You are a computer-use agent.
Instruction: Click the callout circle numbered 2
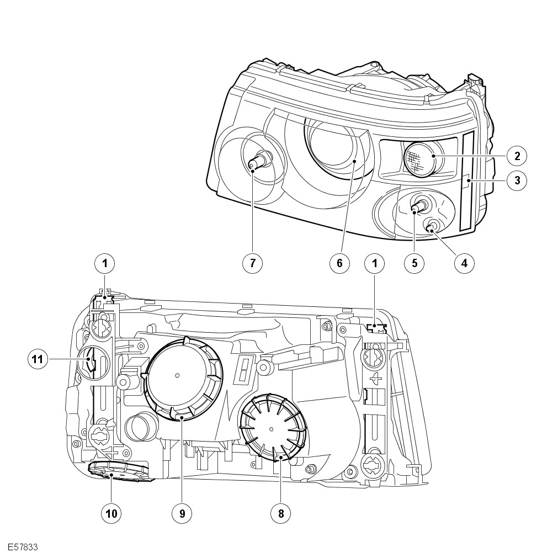pyautogui.click(x=517, y=156)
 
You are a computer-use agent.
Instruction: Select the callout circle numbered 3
pyautogui.click(x=517, y=180)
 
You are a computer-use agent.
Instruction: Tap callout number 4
pyautogui.click(x=464, y=263)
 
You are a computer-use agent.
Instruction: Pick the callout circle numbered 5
pyautogui.click(x=414, y=263)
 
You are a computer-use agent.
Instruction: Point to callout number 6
pyautogui.click(x=340, y=263)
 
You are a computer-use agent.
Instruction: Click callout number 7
pyautogui.click(x=252, y=263)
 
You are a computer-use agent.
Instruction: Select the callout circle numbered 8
pyautogui.click(x=280, y=514)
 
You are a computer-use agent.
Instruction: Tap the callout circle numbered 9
pyautogui.click(x=182, y=514)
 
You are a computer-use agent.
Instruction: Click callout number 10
pyautogui.click(x=111, y=514)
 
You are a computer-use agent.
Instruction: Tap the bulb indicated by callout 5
pyautogui.click(x=419, y=206)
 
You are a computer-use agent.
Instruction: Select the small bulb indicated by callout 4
pyautogui.click(x=432, y=225)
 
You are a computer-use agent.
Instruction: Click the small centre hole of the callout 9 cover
pyautogui.click(x=177, y=376)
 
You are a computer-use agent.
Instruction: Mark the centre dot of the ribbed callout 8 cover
pyautogui.click(x=271, y=428)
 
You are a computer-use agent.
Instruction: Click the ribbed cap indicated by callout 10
pyautogui.click(x=118, y=472)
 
